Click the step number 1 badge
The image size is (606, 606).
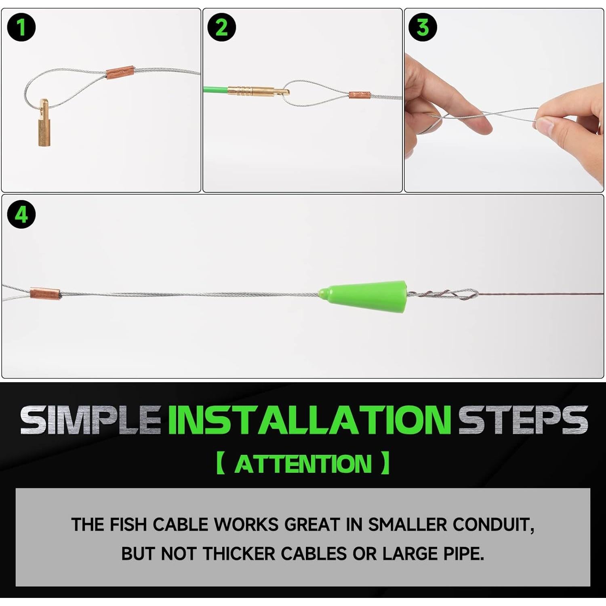click(21, 27)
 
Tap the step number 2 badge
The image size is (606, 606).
click(221, 27)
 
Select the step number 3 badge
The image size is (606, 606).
click(423, 27)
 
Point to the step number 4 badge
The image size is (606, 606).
click(21, 214)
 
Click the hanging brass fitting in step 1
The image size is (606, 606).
click(44, 123)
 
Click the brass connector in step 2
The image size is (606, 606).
click(258, 90)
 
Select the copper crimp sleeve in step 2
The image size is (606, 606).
click(360, 96)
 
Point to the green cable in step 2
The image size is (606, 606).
click(215, 90)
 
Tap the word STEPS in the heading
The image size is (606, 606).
click(523, 420)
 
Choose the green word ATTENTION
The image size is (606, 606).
click(303, 464)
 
